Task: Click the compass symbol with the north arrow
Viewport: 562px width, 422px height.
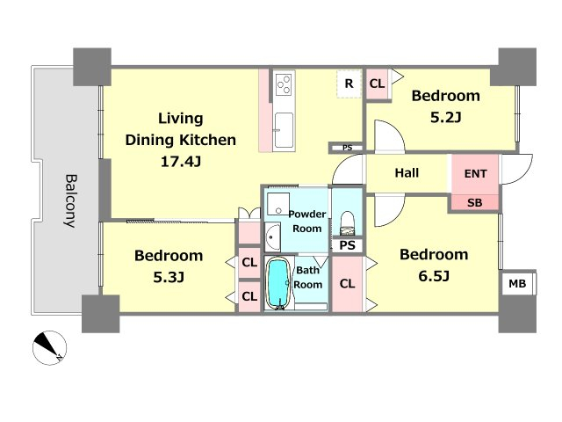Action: point(49,348)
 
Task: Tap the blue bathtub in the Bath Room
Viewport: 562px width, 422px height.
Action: point(278,284)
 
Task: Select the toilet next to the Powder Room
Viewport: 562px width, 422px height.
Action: point(347,223)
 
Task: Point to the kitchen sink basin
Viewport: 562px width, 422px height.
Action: point(284,130)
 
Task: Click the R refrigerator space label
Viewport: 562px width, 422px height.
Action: point(349,84)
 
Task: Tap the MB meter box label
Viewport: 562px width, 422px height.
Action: point(517,284)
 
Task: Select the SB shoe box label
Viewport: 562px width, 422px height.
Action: point(474,203)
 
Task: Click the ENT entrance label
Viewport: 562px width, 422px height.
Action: point(475,174)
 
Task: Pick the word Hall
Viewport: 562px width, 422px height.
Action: point(407,173)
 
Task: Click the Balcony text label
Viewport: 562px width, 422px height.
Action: point(70,201)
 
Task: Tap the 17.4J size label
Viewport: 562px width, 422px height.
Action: point(181,162)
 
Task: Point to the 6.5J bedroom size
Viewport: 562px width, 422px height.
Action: point(434,276)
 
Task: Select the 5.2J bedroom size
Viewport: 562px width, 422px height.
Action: point(445,117)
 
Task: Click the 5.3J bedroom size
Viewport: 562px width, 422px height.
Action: point(169,277)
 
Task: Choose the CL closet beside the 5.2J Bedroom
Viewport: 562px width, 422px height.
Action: point(377,84)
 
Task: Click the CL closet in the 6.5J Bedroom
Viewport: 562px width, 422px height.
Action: point(347,283)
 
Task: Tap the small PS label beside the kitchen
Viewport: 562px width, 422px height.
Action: point(347,148)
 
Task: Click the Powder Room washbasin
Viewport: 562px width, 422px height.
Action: point(273,237)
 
